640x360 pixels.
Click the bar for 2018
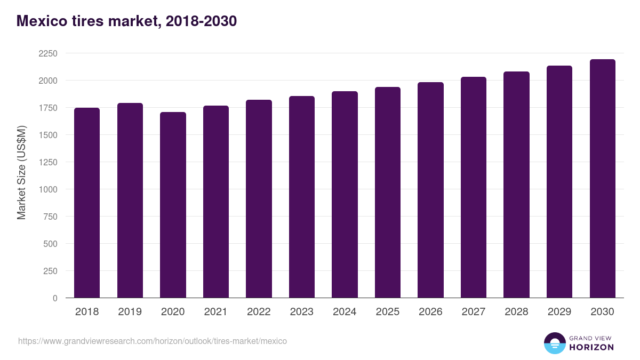[87, 203]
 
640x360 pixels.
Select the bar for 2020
[173, 205]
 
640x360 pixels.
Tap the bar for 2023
[302, 197]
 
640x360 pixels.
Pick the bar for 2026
[430, 190]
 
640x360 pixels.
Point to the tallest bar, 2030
[602, 179]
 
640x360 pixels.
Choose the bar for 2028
[516, 185]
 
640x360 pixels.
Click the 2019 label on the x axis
[130, 312]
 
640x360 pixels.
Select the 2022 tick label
[259, 312]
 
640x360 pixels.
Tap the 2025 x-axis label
[388, 312]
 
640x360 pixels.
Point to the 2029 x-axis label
[559, 312]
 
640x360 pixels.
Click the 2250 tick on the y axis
[48, 53]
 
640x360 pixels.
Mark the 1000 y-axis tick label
[48, 189]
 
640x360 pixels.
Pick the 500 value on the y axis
[51, 244]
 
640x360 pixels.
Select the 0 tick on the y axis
[55, 298]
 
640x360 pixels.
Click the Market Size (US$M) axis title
[21, 173]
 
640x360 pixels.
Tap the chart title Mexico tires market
[126, 21]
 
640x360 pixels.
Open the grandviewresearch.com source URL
[153, 341]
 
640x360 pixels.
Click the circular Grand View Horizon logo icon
[554, 343]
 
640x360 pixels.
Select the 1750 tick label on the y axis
[48, 108]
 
